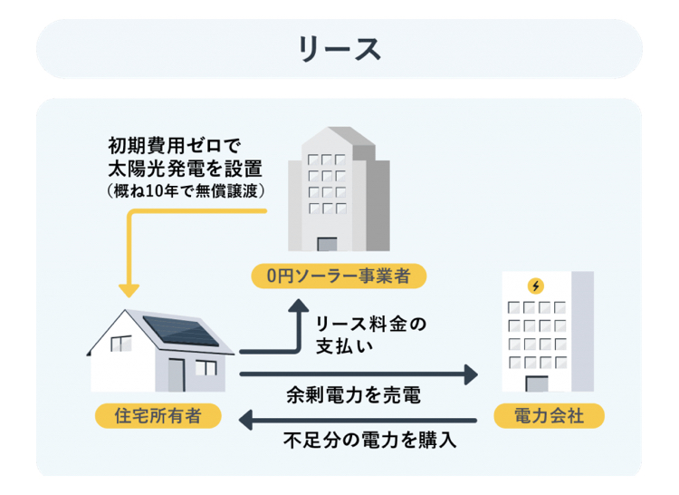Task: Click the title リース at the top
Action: [339, 49]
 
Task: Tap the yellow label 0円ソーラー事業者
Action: [339, 276]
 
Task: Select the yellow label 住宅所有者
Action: [158, 416]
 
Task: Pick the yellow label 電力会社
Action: [550, 416]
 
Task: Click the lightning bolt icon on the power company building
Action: [536, 286]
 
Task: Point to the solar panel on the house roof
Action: [180, 330]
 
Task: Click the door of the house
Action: [177, 375]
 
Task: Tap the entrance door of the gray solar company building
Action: [327, 244]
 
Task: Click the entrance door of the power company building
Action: [537, 384]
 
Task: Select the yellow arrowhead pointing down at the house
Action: [129, 291]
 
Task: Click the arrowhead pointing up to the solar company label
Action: [299, 306]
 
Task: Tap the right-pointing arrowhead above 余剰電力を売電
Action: [471, 374]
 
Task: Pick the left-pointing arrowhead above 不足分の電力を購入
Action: [245, 421]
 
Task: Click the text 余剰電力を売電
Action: [353, 395]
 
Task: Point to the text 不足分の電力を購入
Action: [369, 440]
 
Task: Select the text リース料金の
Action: [371, 325]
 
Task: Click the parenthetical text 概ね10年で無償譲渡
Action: [186, 190]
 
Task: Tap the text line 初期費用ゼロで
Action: [174, 146]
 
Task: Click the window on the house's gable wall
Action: [121, 344]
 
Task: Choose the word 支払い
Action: [344, 346]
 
